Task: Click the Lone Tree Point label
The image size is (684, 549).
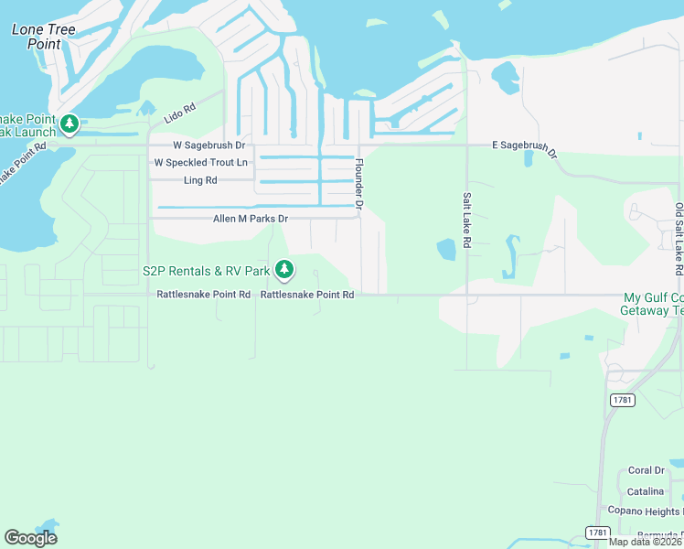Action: [x=43, y=37]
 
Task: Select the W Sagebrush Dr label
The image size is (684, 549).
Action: [x=209, y=145]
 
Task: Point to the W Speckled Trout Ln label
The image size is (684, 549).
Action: [x=201, y=163]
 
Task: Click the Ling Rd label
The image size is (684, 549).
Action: [x=200, y=181]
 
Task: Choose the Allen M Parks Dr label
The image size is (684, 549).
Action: [x=251, y=220]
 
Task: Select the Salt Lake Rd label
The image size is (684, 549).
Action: [x=467, y=221]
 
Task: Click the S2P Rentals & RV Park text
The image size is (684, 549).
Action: [x=206, y=271]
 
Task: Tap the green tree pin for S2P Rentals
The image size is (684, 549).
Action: [x=285, y=269]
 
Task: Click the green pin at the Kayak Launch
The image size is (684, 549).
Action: [x=69, y=124]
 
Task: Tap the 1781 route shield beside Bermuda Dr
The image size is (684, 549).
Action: [x=598, y=532]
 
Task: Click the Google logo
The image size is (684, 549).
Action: [x=31, y=538]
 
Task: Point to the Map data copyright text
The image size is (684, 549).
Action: [x=646, y=542]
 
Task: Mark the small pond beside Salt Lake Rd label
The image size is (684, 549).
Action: [x=446, y=249]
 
